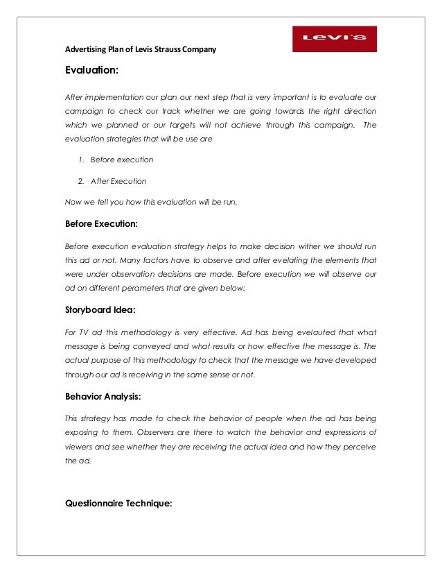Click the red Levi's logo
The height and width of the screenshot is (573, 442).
point(334,39)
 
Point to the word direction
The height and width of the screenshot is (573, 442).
point(356,110)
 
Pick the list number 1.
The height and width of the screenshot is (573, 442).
point(81,160)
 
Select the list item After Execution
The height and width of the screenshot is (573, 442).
point(118,181)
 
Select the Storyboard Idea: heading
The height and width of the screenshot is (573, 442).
point(100,311)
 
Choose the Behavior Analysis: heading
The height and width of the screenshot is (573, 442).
point(104,397)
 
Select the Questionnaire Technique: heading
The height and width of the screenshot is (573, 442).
point(118,504)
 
